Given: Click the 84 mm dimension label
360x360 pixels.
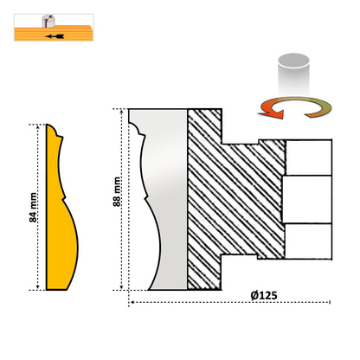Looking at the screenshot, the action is click(x=33, y=208).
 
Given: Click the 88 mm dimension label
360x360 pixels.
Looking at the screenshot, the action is click(x=117, y=191).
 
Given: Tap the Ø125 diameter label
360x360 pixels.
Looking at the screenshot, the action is click(x=264, y=295).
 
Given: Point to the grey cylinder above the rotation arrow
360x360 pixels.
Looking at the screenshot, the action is click(x=293, y=75).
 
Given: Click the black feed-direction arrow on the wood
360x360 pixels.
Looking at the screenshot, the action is click(x=55, y=36).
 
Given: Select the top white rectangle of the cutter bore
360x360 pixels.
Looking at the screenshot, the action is click(x=309, y=157).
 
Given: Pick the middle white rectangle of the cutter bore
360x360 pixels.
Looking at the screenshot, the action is click(x=306, y=199).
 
